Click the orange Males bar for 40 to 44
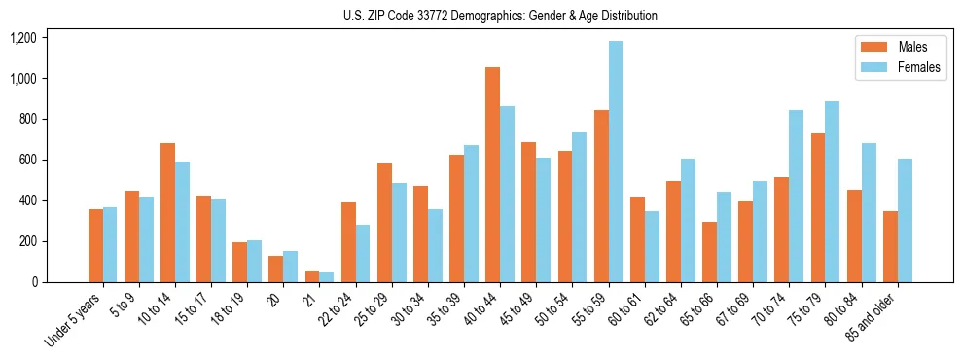(492, 175)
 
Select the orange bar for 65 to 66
(709, 252)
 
